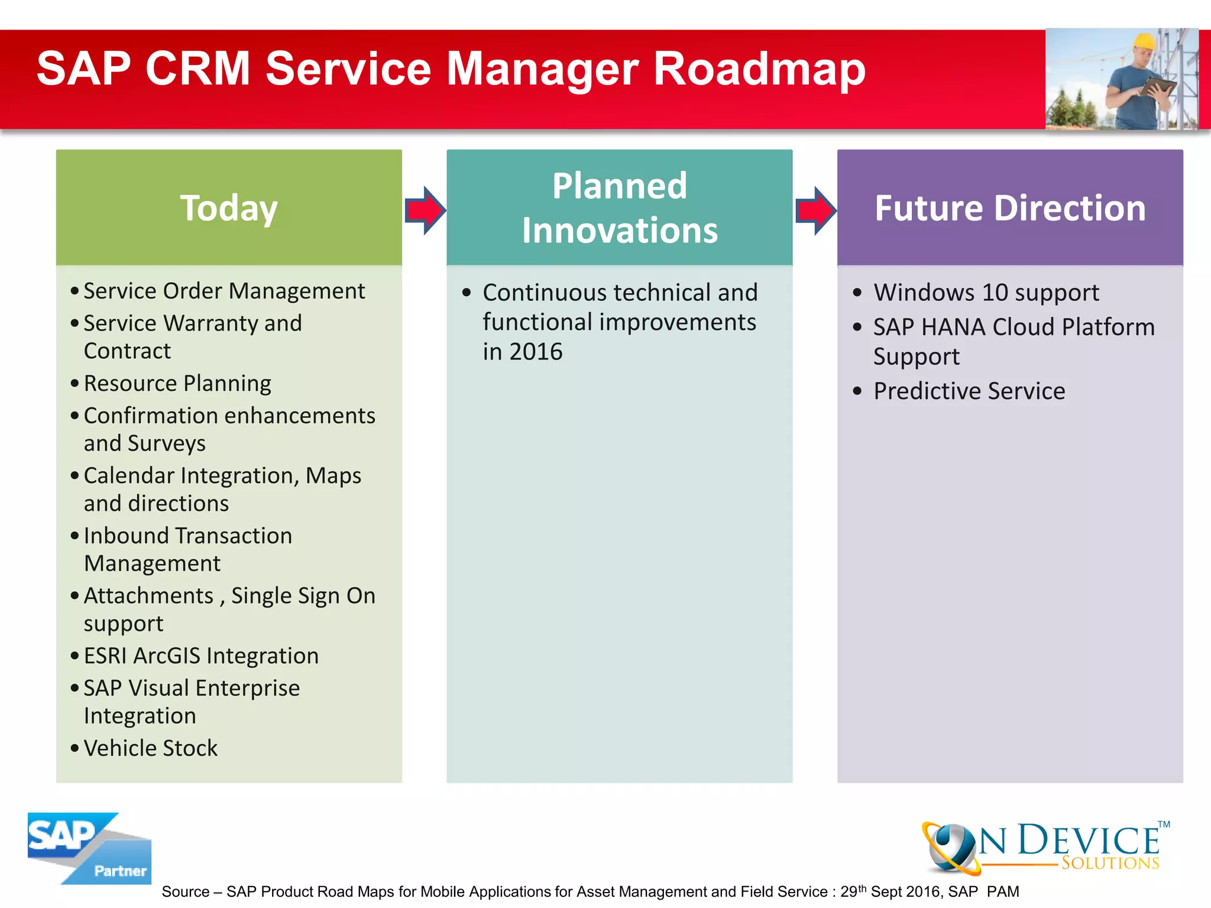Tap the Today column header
pyautogui.click(x=229, y=208)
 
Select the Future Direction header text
pyautogui.click(x=1010, y=208)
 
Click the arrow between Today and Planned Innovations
pyautogui.click(x=425, y=210)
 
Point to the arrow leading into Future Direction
pyautogui.click(x=815, y=210)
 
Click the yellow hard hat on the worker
pyautogui.click(x=1144, y=42)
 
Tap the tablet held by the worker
pyautogui.click(x=1158, y=87)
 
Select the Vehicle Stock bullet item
pyautogui.click(x=151, y=748)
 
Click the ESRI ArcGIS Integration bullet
pyautogui.click(x=201, y=656)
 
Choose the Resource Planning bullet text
pyautogui.click(x=177, y=384)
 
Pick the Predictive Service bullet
pyautogui.click(x=969, y=391)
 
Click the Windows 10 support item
pyautogui.click(x=986, y=293)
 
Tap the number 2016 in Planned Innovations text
pyautogui.click(x=536, y=352)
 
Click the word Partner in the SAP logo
pyautogui.click(x=121, y=871)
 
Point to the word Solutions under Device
pyautogui.click(x=1110, y=863)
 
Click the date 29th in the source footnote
pyautogui.click(x=854, y=891)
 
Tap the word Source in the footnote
pyautogui.click(x=186, y=891)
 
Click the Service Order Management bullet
pyautogui.click(x=224, y=291)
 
